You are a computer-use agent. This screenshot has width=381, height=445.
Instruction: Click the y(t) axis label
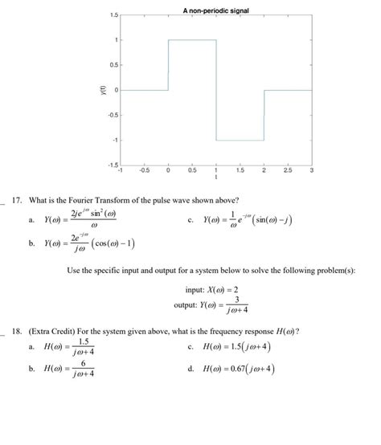coord(94,90)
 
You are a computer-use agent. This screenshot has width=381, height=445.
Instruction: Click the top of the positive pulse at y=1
coord(192,39)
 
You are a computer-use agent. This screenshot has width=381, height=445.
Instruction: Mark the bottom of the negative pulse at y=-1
coord(240,141)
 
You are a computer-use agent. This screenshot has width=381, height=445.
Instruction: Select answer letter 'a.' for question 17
coord(31,219)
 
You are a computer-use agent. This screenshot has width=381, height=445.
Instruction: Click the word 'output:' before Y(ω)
coord(186,305)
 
